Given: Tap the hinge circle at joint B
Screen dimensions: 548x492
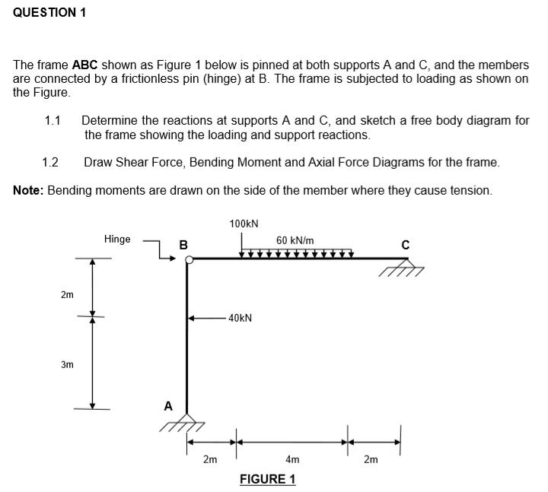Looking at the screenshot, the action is (189, 260).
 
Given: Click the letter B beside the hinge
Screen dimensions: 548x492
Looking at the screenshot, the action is (183, 245).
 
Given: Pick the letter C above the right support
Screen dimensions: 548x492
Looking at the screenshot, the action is (406, 244).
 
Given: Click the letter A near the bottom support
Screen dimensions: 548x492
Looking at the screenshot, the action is (168, 406).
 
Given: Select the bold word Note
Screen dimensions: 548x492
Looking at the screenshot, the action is (28, 189).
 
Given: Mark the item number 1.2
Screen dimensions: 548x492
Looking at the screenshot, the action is (51, 162).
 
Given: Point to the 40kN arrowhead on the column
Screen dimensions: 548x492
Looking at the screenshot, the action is (193, 318).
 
